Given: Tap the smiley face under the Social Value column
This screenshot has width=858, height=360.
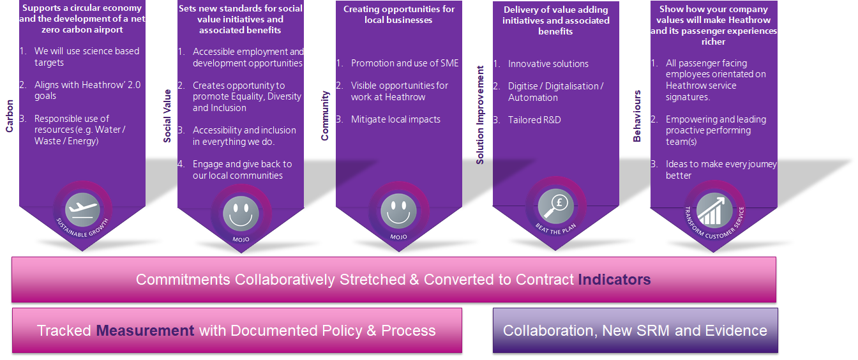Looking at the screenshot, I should coord(241,211).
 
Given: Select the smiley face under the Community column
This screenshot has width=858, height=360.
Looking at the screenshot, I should coord(398,211).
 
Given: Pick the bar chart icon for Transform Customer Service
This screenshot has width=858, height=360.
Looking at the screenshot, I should coord(714,207).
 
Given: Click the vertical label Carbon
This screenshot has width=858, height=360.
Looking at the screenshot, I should coord(10,116).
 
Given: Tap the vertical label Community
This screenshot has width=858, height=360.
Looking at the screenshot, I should coord(325,116).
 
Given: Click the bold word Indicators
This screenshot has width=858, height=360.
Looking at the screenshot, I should coord(614,280).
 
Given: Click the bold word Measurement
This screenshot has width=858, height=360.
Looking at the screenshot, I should coord(145,331).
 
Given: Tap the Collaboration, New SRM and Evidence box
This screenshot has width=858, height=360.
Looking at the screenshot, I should coord(635,331).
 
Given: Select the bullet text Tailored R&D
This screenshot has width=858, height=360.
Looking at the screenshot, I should coord(534,119).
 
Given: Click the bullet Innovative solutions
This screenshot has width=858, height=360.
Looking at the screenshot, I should coord(548,64).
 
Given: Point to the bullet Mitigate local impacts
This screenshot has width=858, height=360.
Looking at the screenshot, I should coord(395,119).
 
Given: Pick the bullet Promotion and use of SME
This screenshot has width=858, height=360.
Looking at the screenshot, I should coord(405,63).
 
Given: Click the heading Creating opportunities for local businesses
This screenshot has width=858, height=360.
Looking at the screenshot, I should coord(398,15).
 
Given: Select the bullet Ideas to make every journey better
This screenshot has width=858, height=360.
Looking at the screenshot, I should coord(720,170).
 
